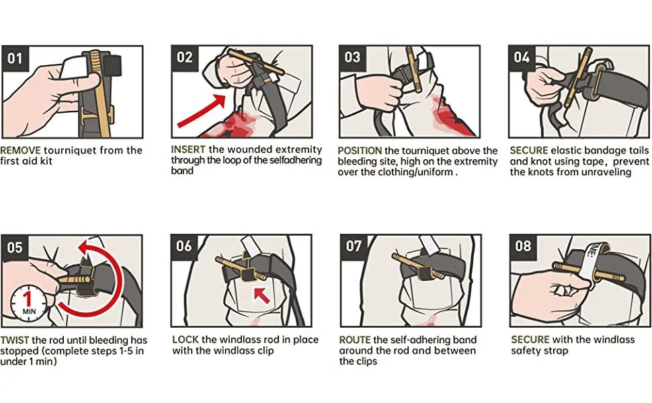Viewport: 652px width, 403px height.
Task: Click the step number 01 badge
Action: coord(15,58)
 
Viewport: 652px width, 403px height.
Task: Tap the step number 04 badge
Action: coord(522,58)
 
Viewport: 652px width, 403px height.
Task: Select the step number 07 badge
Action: coord(354,247)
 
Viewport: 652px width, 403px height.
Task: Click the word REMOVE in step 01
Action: coord(20,150)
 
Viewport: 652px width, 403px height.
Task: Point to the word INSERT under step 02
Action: coord(188,150)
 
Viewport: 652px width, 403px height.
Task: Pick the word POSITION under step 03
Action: coord(360,150)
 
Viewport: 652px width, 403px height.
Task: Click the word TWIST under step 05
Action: coord(15,341)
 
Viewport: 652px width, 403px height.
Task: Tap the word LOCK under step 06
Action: coord(186,339)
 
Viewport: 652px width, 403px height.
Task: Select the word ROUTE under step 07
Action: coord(355,340)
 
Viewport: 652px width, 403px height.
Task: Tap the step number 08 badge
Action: coord(523,247)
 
